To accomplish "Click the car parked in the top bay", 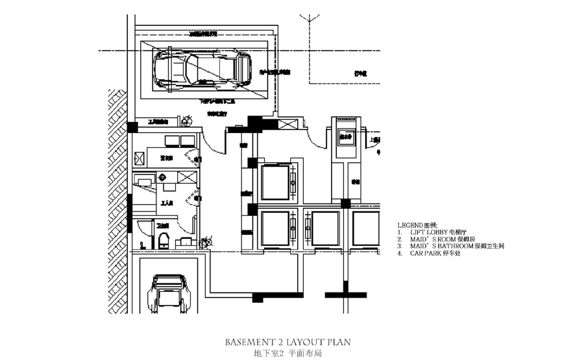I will (201, 69).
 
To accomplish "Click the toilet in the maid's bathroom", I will (164, 239).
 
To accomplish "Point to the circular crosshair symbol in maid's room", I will (163, 177).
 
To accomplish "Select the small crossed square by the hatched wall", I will (140, 157).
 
